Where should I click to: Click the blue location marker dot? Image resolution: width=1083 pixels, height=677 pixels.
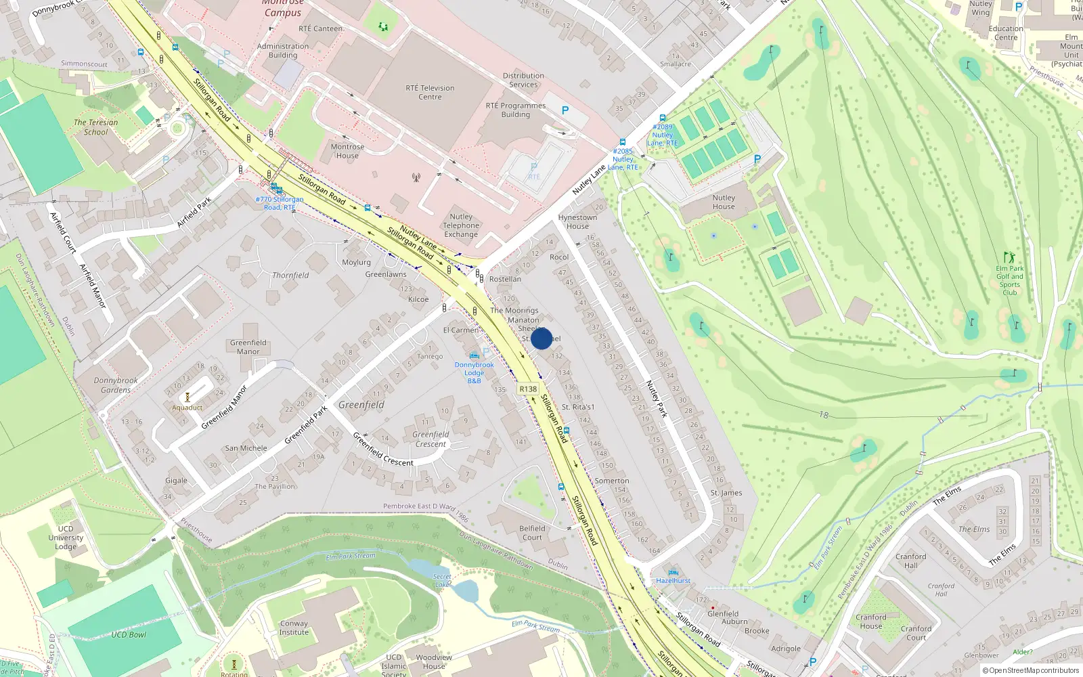pyautogui.click(x=541, y=338)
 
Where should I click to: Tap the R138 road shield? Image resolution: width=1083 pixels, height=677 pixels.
pyautogui.click(x=528, y=389)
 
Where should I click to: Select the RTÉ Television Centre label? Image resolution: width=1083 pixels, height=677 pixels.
pyautogui.click(x=430, y=92)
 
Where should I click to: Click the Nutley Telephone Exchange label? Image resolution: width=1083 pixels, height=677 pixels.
pyautogui.click(x=461, y=225)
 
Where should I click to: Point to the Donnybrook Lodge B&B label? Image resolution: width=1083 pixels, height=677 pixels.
pyautogui.click(x=474, y=372)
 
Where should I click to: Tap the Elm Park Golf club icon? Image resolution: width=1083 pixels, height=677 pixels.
pyautogui.click(x=1009, y=257)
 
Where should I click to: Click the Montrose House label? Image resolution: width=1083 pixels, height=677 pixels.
pyautogui.click(x=347, y=151)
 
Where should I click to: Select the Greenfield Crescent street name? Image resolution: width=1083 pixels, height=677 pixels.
pyautogui.click(x=383, y=449)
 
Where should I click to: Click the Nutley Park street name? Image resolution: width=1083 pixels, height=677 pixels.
pyautogui.click(x=657, y=399)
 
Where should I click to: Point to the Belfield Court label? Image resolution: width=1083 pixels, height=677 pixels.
pyautogui.click(x=532, y=533)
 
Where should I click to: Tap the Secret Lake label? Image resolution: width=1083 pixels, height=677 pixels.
pyautogui.click(x=442, y=580)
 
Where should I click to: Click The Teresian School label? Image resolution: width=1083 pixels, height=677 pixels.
pyautogui.click(x=95, y=127)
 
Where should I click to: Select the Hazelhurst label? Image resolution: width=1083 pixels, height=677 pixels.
pyautogui.click(x=673, y=580)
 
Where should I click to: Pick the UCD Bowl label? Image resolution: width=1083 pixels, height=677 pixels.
pyautogui.click(x=129, y=634)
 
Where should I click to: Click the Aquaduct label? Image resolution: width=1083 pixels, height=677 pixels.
pyautogui.click(x=187, y=408)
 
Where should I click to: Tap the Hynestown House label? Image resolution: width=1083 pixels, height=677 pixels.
pyautogui.click(x=577, y=221)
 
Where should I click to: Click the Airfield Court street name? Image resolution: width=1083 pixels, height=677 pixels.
pyautogui.click(x=64, y=232)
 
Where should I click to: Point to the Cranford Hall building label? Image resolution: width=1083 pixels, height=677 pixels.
pyautogui.click(x=911, y=561)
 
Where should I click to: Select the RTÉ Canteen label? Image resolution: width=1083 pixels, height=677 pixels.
pyautogui.click(x=320, y=28)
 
